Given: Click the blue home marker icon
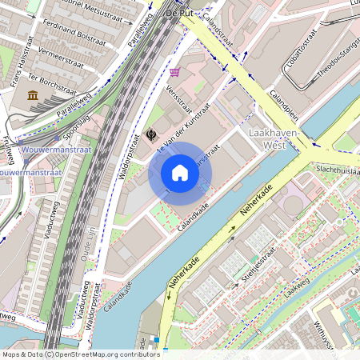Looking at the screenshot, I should (180, 173).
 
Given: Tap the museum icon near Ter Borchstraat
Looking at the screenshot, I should (33, 96).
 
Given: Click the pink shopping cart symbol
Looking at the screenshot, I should (174, 72).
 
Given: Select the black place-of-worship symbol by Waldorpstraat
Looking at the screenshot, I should (150, 134).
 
